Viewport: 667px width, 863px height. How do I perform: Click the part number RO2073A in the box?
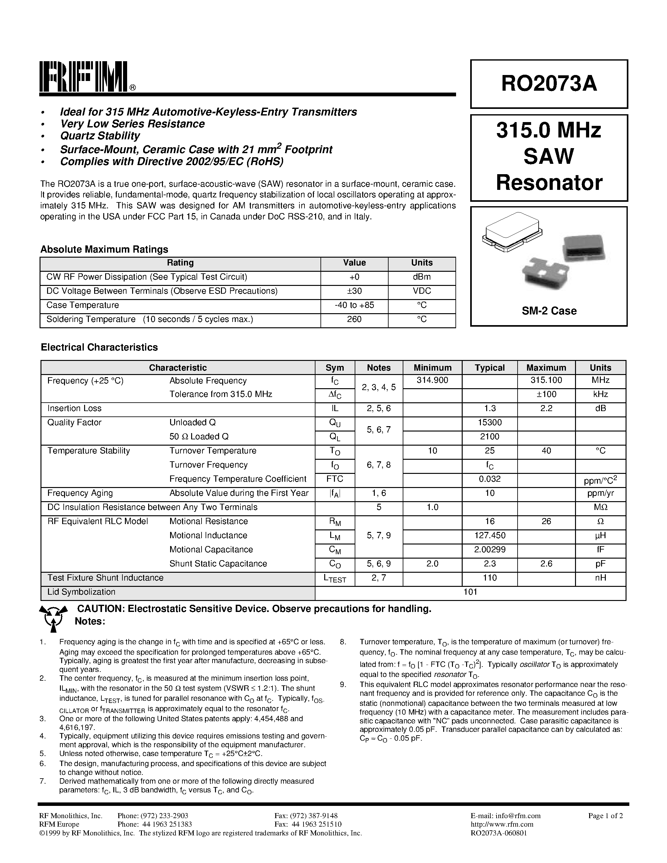coord(549,84)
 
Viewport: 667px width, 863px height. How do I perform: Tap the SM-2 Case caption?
coord(549,311)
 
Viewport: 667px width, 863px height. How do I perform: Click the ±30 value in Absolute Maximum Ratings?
coord(354,291)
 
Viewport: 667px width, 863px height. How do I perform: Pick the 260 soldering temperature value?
coord(354,319)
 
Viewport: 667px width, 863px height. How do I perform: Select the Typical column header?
coord(490,367)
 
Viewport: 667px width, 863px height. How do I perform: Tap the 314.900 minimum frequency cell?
coord(432,381)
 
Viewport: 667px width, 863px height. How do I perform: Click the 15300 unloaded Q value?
coord(490,422)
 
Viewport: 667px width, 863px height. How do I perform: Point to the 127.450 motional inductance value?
coord(490,535)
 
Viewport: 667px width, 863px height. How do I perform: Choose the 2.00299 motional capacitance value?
coord(490,549)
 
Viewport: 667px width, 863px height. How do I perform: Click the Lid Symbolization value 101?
coord(470,592)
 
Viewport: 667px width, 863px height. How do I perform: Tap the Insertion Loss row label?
coord(74,409)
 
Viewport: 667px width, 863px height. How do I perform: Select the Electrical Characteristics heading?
coord(99,347)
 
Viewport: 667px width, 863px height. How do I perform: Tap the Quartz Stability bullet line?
coord(100,136)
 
